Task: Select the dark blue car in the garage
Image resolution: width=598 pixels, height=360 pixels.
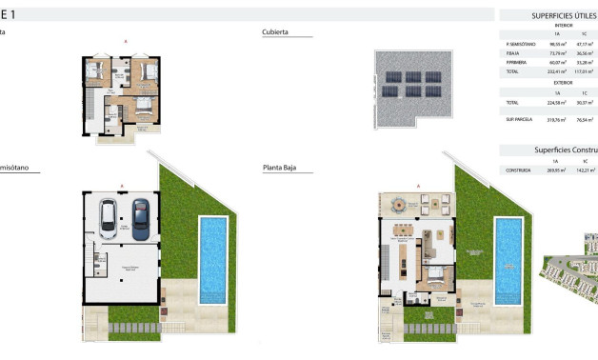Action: [141, 218]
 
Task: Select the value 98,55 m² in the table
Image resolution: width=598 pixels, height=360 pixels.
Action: [544, 44]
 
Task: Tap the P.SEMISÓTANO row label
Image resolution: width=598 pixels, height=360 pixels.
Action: [513, 44]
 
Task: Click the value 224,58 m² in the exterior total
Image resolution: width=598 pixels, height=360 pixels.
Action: [544, 102]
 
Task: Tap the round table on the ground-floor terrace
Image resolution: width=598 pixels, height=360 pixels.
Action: [399, 203]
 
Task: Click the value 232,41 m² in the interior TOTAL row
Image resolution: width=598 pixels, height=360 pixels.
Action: [544, 70]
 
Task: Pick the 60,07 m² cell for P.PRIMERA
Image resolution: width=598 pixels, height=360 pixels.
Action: [544, 62]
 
